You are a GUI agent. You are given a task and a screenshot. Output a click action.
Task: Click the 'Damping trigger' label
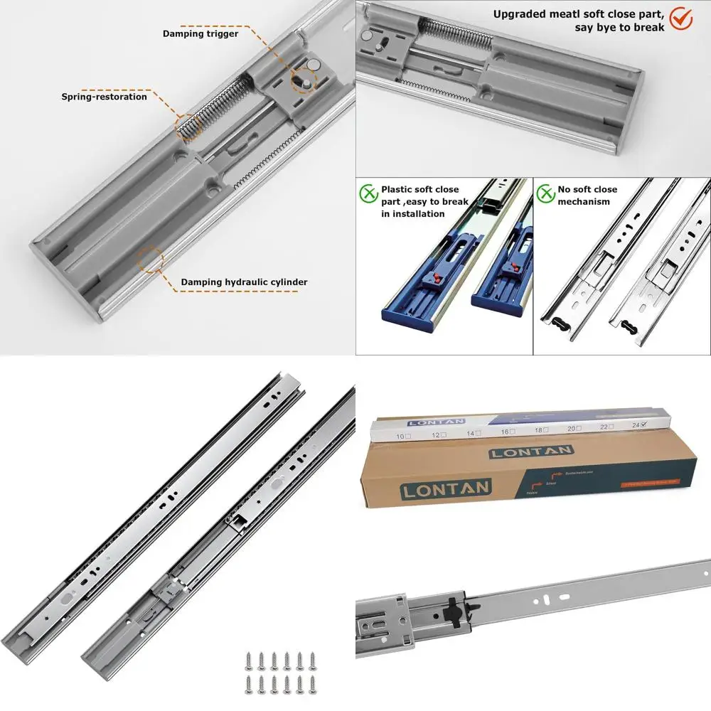coord(201,33)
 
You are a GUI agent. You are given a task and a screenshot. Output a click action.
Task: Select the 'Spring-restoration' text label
coord(104,97)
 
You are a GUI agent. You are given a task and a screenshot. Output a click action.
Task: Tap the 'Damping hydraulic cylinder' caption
coord(244,282)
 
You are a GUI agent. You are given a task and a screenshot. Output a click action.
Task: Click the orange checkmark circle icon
coord(681,18)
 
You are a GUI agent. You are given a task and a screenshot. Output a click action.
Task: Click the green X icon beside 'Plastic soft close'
coord(368,192)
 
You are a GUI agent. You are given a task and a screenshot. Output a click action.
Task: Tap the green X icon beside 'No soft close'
coord(545,192)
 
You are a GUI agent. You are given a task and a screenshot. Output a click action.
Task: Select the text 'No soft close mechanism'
coord(587,196)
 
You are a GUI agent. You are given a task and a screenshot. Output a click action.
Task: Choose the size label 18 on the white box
coord(539,429)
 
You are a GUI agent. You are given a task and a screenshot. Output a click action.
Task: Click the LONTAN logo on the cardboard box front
coord(444,488)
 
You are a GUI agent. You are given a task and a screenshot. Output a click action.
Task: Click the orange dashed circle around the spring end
coord(188,127)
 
